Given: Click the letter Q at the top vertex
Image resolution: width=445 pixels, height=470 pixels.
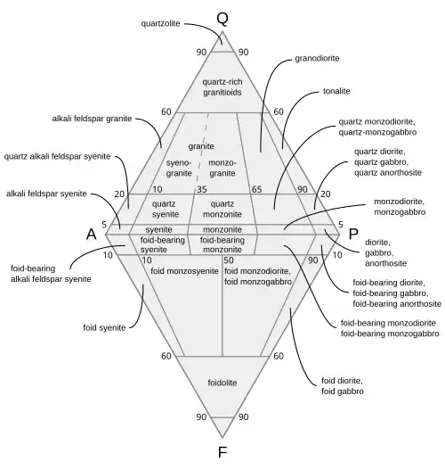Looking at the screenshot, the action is (222, 19).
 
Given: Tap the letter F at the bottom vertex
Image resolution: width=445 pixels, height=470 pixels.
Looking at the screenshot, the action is (222, 452).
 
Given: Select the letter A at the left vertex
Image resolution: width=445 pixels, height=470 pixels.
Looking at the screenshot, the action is (92, 234).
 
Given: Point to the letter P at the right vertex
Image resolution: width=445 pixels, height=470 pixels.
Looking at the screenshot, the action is (353, 234).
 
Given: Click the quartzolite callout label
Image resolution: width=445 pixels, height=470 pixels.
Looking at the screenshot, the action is (160, 23).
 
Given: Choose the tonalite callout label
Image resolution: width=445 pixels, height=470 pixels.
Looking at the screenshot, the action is (336, 91).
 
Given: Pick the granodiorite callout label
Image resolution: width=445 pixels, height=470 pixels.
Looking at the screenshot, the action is (318, 58).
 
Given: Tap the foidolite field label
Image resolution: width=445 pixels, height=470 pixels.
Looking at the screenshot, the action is (222, 383).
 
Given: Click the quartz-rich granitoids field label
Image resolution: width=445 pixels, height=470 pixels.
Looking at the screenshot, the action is (222, 87).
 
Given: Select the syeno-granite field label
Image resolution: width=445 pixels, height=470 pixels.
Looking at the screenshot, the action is (179, 169).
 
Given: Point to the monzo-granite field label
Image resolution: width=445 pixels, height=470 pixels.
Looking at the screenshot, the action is (222, 169).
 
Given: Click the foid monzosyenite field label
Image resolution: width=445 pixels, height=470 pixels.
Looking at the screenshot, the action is (184, 271).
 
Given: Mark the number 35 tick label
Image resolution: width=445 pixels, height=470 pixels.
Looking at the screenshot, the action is (202, 189).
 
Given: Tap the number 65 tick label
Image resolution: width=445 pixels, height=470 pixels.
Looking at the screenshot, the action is (256, 189).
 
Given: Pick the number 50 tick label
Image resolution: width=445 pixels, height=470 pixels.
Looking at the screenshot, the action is (229, 260).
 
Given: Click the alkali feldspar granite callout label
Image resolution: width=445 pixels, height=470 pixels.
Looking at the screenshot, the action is (92, 119).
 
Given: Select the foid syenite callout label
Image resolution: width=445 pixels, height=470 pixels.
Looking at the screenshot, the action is (104, 327).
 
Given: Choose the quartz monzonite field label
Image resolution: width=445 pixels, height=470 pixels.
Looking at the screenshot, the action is (222, 210).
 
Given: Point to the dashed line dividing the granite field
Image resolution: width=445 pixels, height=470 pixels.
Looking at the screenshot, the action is (202, 147).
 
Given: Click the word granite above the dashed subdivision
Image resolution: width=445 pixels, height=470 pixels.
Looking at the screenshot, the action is (201, 146).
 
